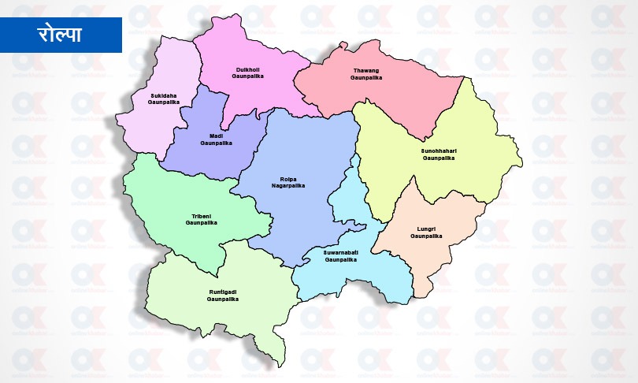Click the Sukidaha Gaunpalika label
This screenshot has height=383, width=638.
point(165,99)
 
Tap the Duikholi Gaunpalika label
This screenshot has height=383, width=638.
point(247,73)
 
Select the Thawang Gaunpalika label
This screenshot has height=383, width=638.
point(366,76)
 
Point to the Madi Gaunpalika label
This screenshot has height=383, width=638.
point(216,139)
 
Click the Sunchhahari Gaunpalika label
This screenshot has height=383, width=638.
point(439,154)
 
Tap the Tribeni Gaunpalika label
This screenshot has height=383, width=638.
point(201,219)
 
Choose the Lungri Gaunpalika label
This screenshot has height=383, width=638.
point(426,232)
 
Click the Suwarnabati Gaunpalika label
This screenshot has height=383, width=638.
point(341,255)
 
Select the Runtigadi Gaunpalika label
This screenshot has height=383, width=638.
point(222,296)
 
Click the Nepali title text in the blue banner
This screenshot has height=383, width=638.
point(61,34)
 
